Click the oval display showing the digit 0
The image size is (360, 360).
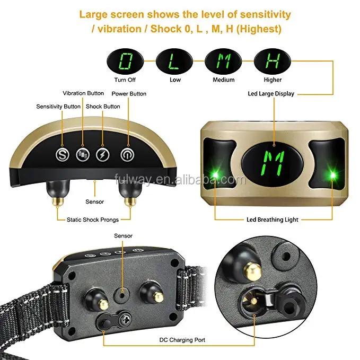click(125, 62)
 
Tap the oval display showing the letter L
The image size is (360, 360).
click(174, 62)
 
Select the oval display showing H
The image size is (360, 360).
click(273, 62)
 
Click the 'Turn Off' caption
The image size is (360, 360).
click(125, 80)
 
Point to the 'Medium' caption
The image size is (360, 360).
click(224, 80)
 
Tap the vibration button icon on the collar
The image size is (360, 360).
click(83, 155)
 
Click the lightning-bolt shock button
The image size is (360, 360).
click(103, 155)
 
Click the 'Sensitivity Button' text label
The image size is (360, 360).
click(58, 107)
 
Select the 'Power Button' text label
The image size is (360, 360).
click(129, 94)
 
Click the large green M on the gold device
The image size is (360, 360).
click(273, 163)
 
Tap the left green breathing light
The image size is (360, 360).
click(215, 175)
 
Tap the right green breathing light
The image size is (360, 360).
click(332, 175)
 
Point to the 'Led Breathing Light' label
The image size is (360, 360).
click(273, 219)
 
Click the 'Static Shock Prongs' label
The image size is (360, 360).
click(93, 219)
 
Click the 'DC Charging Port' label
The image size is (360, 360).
click(182, 340)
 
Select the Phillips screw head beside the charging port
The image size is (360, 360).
click(126, 318)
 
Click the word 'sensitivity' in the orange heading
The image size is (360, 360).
click(266, 14)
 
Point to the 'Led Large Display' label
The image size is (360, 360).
click(271, 94)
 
